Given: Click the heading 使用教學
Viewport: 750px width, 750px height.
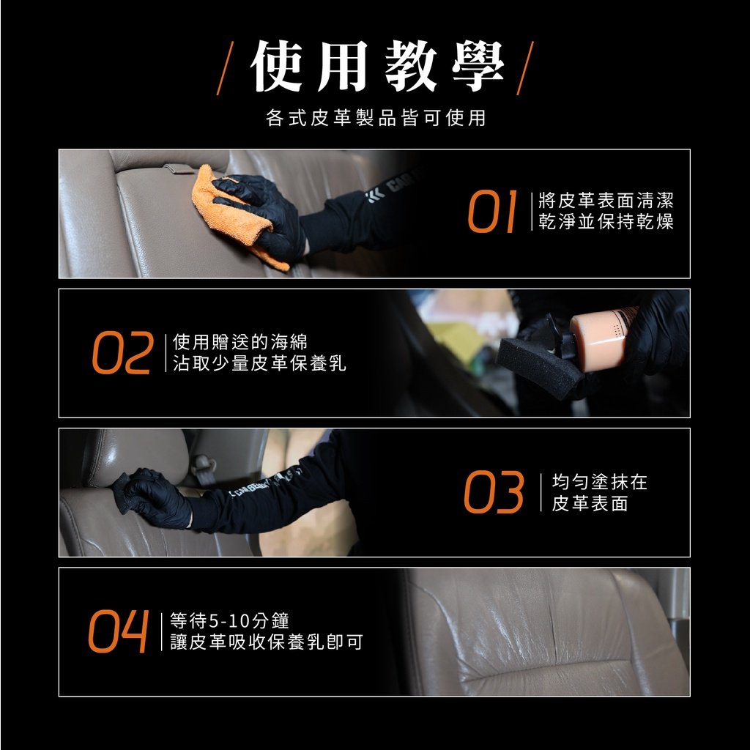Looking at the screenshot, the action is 377,67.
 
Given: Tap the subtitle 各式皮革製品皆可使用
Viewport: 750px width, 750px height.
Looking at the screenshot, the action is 376,118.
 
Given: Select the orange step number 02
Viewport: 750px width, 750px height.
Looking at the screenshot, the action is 123,352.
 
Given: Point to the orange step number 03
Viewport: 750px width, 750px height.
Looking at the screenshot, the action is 494,492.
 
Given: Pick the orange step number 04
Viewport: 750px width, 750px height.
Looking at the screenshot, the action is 118,631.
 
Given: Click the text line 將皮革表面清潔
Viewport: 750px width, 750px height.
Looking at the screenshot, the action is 606,200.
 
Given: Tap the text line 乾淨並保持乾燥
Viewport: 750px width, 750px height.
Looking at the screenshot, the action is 606,221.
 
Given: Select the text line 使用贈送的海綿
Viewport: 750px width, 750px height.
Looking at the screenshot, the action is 240,341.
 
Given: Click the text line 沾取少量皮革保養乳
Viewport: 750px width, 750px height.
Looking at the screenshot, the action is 259,363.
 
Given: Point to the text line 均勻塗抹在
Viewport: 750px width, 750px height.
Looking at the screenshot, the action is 599,482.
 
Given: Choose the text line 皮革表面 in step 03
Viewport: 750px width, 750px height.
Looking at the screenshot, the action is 590,503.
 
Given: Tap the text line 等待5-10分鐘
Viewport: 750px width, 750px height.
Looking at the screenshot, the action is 229,620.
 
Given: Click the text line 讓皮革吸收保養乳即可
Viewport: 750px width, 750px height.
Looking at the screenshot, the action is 267,642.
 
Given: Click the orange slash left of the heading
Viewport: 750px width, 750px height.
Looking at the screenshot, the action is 225,68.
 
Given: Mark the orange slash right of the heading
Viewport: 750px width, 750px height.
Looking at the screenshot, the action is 525,68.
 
